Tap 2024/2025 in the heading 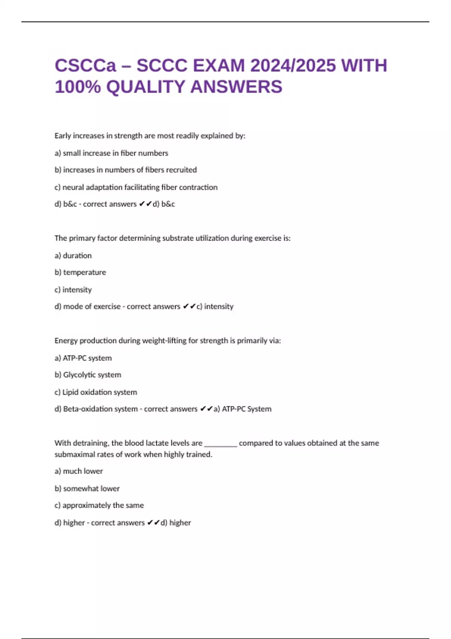click(293, 66)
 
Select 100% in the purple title click(78, 87)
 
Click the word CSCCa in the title click(86, 66)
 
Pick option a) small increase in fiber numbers click(111, 153)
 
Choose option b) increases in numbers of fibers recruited click(126, 170)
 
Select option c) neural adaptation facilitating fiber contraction click(136, 187)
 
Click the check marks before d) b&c click(145, 204)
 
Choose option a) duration click(73, 256)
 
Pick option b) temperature click(80, 273)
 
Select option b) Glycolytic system click(88, 375)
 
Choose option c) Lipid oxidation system click(95, 392)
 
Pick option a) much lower click(79, 471)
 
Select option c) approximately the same click(99, 505)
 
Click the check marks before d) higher click(153, 522)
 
